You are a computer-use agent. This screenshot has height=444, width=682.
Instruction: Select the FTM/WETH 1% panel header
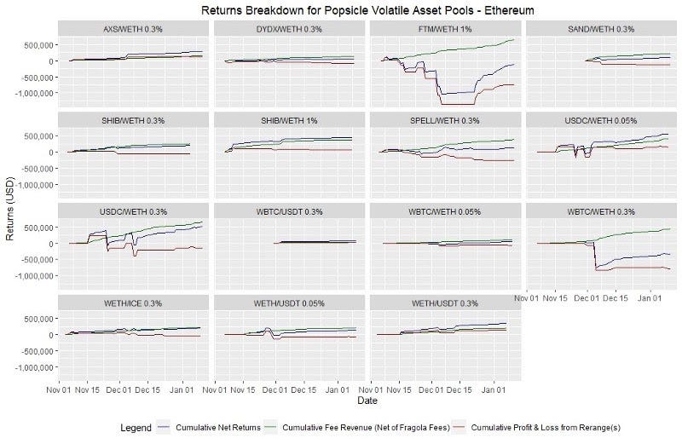coord(445,29)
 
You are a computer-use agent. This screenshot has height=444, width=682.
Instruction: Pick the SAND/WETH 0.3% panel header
coord(602,29)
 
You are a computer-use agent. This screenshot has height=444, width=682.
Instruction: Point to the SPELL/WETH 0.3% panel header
coord(445,119)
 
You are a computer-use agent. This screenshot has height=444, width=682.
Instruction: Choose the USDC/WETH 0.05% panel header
coord(602,119)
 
